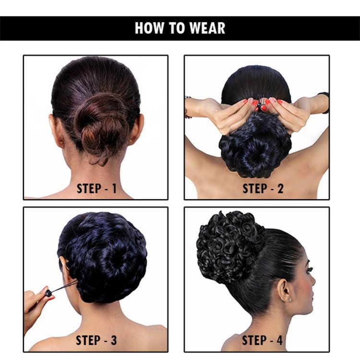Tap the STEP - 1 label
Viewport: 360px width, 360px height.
point(96,189)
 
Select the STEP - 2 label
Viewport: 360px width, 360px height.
point(263,189)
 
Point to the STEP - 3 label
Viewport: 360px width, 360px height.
point(96,340)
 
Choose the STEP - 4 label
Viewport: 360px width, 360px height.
point(263,340)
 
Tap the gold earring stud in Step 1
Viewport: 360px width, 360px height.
point(131,142)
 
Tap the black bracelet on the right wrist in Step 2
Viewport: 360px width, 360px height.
point(324,102)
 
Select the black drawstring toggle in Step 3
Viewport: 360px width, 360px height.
point(48,293)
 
